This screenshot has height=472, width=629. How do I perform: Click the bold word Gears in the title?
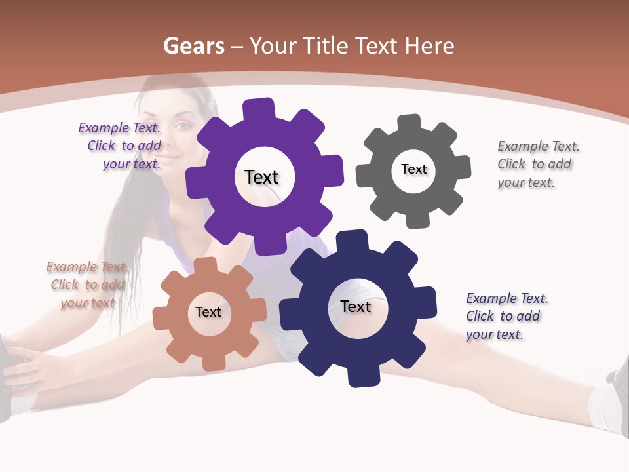click(193, 46)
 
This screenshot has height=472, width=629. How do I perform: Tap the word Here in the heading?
click(429, 46)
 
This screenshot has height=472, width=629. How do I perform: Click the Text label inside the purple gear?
click(261, 177)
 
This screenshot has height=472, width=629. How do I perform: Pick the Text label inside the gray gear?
click(413, 169)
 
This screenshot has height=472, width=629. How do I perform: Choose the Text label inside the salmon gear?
click(208, 312)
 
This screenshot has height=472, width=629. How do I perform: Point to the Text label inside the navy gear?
click(356, 306)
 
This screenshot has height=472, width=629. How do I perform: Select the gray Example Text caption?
click(537, 164)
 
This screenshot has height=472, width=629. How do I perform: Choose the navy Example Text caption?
click(506, 316)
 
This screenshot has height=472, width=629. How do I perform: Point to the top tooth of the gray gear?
click(410, 123)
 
